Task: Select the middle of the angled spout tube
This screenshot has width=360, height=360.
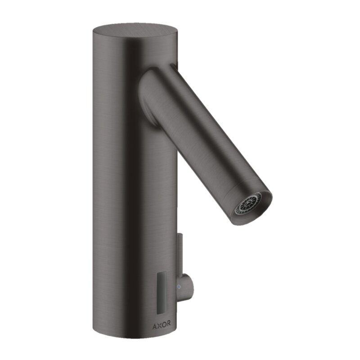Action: point(202,135)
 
